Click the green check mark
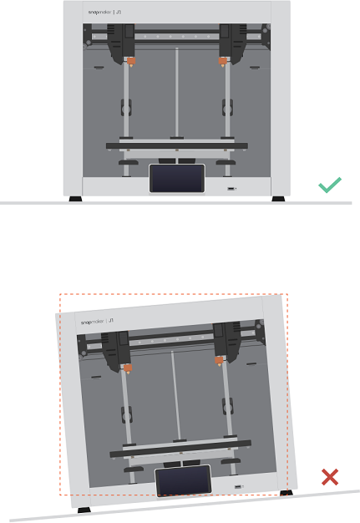pos(329,185)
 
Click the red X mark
pos(330,477)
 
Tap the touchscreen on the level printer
pos(176,179)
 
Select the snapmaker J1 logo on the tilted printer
pos(97,321)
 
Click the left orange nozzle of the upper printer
pos(131,61)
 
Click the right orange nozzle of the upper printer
pos(222,61)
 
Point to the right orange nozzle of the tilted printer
pos(219,360)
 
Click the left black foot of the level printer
pos(75,199)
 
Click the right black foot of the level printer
pos(276,199)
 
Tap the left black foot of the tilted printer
pos(84,508)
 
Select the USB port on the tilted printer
pos(240,486)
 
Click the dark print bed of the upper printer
pos(176,145)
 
